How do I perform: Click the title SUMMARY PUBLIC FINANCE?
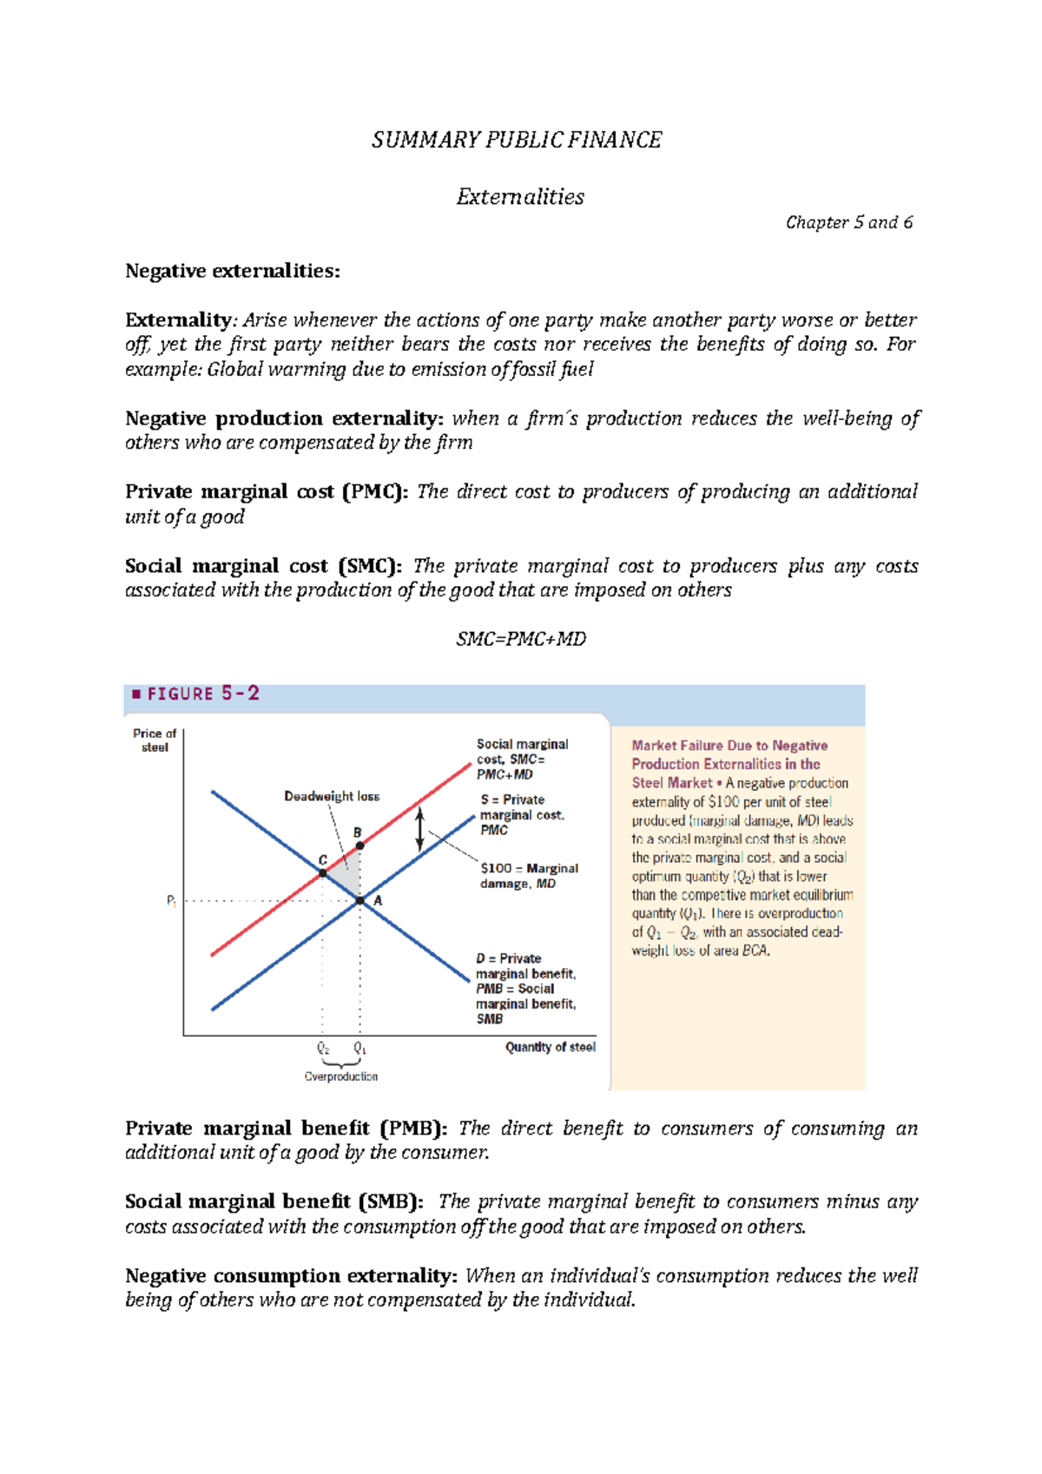[517, 140]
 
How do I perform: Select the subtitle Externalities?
[520, 197]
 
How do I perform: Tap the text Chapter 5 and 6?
[848, 222]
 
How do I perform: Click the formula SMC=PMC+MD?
[521, 639]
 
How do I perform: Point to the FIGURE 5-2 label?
[195, 694]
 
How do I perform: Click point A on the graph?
[360, 901]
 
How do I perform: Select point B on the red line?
[360, 845]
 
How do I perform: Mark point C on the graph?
[323, 872]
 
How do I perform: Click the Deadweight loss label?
[332, 796]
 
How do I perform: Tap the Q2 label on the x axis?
[323, 1049]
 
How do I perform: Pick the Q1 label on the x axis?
[360, 1049]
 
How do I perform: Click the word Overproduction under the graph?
[341, 1076]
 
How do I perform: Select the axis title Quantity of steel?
[550, 1047]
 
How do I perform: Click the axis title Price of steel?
[155, 740]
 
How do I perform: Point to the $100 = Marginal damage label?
[528, 875]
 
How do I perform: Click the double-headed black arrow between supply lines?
[419, 829]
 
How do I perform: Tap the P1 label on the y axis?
[172, 901]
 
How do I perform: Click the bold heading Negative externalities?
[233, 271]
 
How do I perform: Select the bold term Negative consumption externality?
[291, 1276]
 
